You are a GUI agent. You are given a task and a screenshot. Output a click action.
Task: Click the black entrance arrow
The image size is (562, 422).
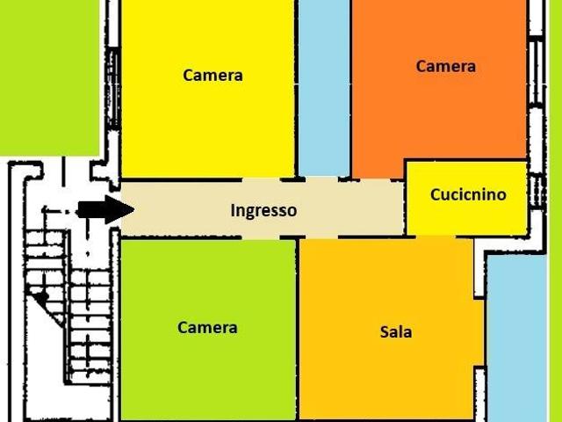106,209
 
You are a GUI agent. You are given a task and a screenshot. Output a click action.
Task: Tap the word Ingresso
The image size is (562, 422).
263,211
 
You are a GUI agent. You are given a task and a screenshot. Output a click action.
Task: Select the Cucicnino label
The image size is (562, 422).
468,194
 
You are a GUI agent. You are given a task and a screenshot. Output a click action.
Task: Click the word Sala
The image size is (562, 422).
396,331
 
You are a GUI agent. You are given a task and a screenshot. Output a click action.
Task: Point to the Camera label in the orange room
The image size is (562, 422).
445,66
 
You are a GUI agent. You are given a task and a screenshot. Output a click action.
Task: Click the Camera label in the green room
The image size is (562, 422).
207,327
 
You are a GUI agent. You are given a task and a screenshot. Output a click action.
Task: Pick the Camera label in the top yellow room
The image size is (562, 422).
213,75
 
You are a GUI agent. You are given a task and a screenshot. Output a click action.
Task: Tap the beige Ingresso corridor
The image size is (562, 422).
263,208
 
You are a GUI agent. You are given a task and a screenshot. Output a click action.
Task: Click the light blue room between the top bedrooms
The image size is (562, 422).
324,88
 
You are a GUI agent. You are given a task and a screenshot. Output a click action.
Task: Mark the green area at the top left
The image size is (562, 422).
49,77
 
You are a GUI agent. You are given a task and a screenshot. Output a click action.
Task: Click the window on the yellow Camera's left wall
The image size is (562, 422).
113,88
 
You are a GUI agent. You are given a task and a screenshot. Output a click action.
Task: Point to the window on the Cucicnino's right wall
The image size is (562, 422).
537,190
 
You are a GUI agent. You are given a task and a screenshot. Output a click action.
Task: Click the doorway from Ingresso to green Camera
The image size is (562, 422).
261,237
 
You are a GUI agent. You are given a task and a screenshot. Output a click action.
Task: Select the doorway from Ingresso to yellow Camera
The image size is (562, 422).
261,179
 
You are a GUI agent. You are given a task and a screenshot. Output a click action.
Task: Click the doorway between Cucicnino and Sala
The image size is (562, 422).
436,236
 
